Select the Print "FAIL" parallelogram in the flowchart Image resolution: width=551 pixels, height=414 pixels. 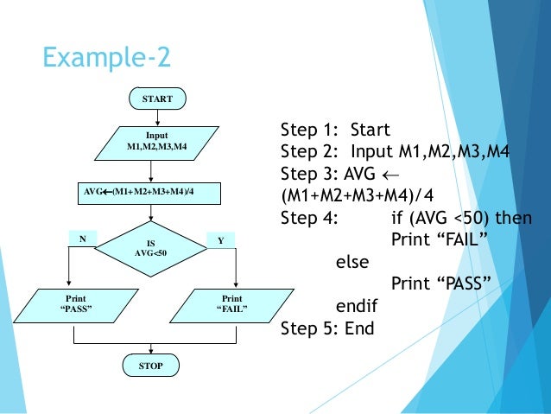[231, 303]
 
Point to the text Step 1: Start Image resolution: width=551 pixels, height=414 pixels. [335, 131]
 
